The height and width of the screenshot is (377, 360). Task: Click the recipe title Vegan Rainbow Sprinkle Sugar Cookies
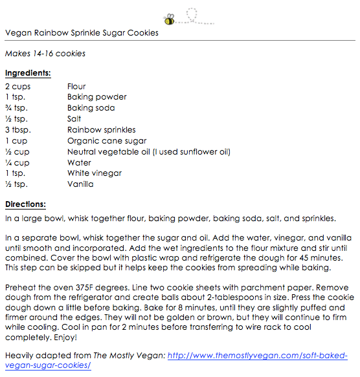tap(82, 33)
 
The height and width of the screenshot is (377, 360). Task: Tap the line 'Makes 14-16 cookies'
tap(45, 53)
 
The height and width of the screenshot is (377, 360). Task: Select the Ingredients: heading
tap(28, 73)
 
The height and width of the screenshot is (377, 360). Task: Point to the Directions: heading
tap(25, 204)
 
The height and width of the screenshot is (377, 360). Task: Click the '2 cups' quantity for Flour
tap(18, 86)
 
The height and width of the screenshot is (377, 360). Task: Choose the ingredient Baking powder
tap(97, 97)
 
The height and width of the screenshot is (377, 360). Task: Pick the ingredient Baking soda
tap(91, 108)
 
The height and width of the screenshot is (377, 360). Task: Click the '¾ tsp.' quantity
tap(17, 108)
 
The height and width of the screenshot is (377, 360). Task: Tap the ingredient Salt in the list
tap(74, 119)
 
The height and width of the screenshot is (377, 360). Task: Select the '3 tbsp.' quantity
tap(18, 130)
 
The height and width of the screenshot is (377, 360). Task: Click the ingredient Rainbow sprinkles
tap(101, 130)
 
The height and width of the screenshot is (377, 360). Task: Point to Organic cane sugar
tap(107, 141)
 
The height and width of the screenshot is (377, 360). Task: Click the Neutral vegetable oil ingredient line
tap(149, 152)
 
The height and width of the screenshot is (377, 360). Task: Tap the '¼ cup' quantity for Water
tap(17, 163)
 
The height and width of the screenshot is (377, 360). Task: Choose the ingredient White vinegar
tap(95, 173)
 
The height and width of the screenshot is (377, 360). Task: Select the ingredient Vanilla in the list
tap(80, 184)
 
